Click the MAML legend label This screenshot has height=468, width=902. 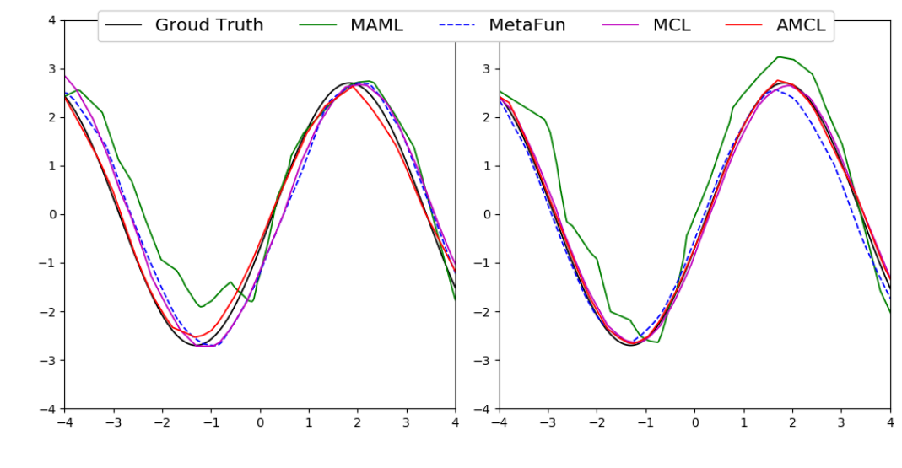pos(376,25)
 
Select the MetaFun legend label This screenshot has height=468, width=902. pos(527,25)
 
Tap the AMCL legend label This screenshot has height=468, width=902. pos(800,25)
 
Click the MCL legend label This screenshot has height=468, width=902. pos(672,25)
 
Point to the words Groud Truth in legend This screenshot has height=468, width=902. pos(209,25)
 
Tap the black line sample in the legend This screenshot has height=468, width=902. pos(125,26)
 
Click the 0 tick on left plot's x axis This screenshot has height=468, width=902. pos(260,422)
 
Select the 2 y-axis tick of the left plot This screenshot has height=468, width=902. pos(52,117)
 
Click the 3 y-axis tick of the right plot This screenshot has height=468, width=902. pos(487,68)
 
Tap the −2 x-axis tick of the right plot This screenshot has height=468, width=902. pos(597,422)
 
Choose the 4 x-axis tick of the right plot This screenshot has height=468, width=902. pos(890,422)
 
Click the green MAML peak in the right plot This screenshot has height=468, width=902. pos(778,57)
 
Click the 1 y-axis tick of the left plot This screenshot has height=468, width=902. pos(52,166)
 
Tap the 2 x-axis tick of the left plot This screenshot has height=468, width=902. pos(358,422)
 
